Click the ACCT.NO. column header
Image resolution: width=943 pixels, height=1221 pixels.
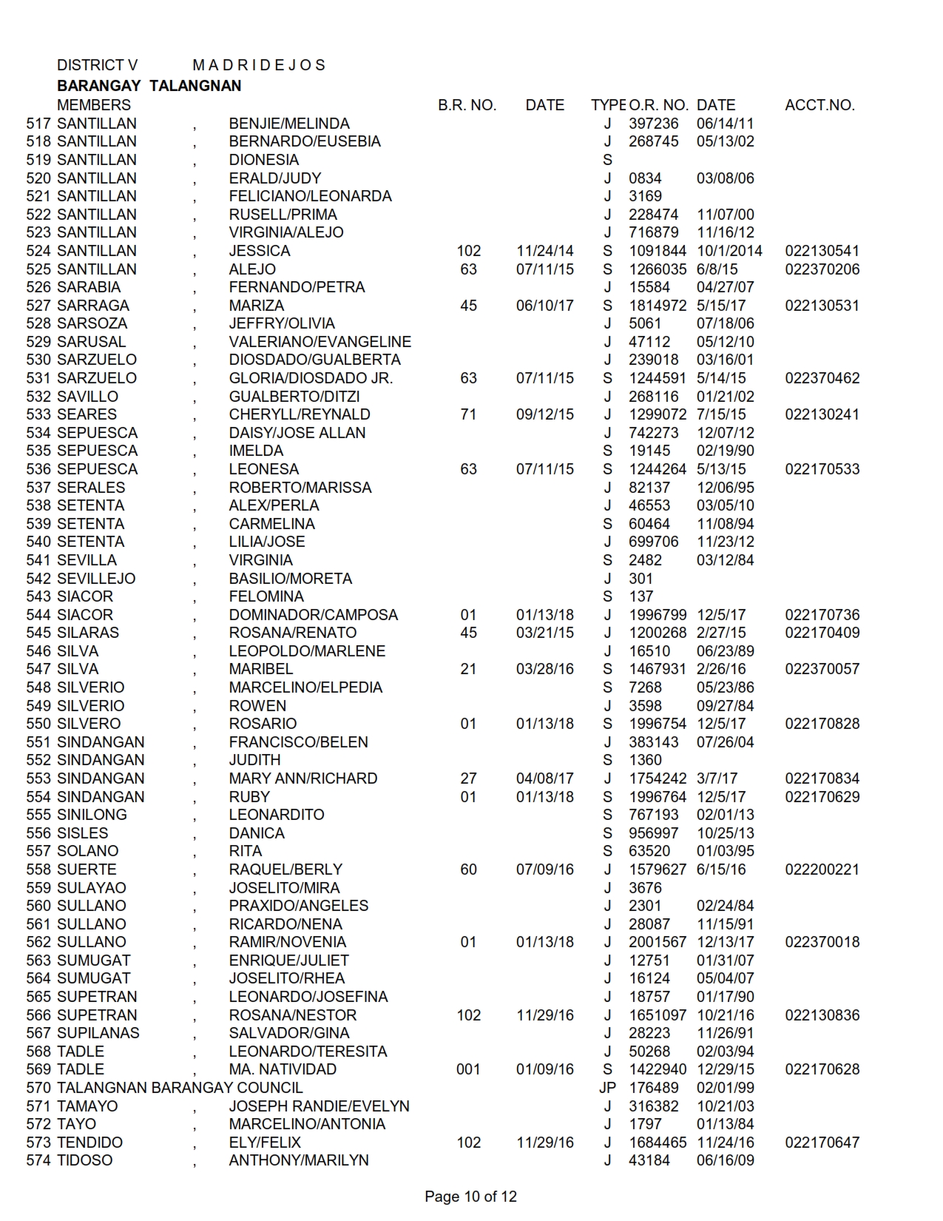point(819,105)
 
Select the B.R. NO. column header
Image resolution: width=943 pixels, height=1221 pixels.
point(467,105)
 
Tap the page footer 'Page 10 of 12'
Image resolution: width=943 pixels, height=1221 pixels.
point(470,1197)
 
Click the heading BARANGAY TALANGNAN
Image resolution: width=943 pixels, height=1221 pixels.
point(149,86)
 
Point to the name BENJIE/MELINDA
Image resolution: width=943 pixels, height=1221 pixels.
point(289,124)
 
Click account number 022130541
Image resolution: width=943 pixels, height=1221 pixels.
point(822,251)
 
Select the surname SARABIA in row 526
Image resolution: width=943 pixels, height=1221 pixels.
point(89,287)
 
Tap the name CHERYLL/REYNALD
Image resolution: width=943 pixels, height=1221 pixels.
point(300,414)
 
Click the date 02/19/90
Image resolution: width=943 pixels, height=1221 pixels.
point(725,451)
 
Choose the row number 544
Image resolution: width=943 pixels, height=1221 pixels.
point(38,615)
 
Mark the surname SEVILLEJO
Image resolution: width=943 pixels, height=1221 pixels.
point(96,579)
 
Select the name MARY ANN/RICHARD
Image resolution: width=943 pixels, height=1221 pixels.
point(303,778)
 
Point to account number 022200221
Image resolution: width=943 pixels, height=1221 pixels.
point(822,869)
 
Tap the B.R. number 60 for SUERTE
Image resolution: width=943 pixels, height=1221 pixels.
point(469,869)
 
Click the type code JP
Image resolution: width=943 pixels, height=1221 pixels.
point(607,1088)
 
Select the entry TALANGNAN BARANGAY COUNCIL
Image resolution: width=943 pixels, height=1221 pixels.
point(180,1088)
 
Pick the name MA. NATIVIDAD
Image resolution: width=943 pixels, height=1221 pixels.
point(283,1069)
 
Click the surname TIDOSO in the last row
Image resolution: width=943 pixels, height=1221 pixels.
point(85,1160)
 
